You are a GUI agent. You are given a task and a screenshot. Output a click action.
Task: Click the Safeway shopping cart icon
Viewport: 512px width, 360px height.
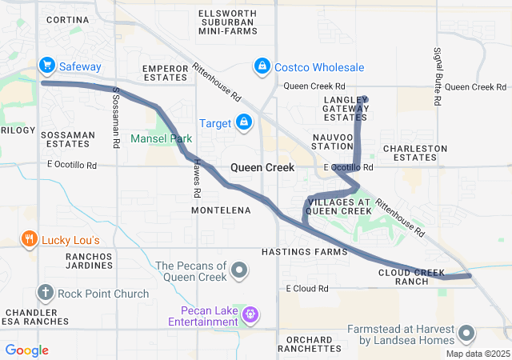click(47, 65)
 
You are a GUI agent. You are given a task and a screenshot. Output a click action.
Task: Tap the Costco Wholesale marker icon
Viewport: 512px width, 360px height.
click(261, 66)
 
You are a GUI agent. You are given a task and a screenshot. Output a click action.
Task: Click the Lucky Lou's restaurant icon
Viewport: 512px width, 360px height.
click(30, 239)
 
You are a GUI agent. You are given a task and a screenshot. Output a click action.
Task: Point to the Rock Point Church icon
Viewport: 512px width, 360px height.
click(45, 294)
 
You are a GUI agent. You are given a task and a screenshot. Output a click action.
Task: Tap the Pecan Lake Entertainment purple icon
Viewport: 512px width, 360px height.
click(250, 314)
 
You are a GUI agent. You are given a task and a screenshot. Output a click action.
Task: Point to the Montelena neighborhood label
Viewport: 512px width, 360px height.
click(221, 210)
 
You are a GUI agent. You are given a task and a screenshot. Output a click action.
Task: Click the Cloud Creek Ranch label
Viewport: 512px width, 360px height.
click(412, 277)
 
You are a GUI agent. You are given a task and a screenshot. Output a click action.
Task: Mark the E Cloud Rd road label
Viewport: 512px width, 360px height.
click(307, 288)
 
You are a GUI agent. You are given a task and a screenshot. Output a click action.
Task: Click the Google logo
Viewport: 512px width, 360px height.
click(26, 350)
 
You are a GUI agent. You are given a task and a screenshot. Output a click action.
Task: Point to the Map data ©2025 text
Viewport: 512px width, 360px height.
click(477, 354)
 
